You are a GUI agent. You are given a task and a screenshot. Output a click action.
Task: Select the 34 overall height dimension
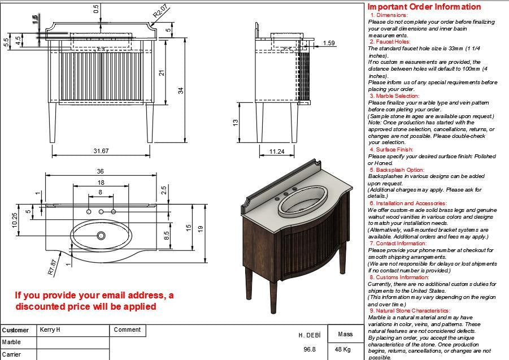[181, 90]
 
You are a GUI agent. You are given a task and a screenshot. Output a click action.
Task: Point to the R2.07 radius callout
[160, 11]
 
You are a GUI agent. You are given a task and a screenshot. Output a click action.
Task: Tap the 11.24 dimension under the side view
[277, 151]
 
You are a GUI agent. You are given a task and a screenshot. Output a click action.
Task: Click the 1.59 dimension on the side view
[329, 43]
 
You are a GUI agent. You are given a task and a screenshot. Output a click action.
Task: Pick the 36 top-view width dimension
[101, 171]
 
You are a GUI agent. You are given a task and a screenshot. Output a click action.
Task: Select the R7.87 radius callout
[52, 266]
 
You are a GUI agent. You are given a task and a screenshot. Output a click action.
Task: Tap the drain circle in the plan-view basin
[101, 235]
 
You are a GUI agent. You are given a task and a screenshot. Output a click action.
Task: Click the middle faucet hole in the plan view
[101, 211]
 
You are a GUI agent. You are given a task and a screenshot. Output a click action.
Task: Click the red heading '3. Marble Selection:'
[395, 96]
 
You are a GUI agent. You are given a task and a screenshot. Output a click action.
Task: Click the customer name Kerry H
[50, 329]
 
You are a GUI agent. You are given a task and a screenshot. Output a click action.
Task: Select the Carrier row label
[11, 354]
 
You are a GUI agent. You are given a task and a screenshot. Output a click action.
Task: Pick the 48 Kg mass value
[343, 349]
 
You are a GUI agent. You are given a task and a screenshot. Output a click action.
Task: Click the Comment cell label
[127, 329]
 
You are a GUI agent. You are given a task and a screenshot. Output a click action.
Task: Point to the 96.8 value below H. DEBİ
[310, 349]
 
